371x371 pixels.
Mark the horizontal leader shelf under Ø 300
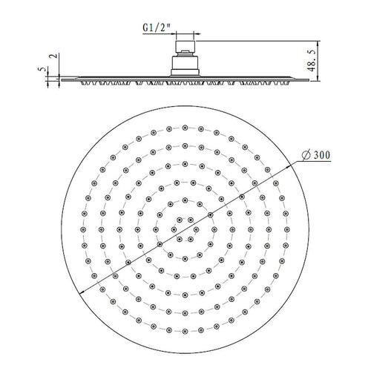pyautogui.click(x=312, y=162)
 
